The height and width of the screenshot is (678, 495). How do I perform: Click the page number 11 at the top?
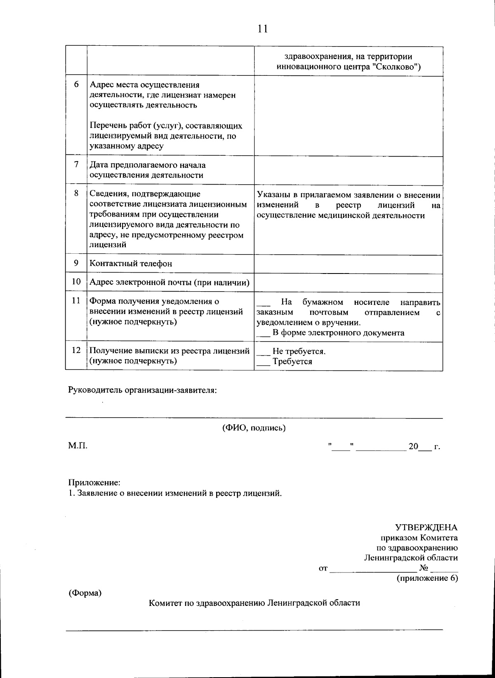click(x=262, y=28)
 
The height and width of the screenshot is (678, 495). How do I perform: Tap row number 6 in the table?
click(x=76, y=85)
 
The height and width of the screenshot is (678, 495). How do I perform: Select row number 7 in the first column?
click(x=76, y=164)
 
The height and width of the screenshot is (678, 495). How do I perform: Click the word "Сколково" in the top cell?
click(x=396, y=67)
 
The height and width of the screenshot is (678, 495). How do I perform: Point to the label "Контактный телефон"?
click(x=131, y=264)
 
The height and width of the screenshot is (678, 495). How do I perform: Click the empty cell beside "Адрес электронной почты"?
click(x=348, y=283)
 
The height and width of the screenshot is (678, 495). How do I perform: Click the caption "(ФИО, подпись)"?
click(x=254, y=428)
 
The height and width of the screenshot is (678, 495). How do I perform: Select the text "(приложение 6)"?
click(x=427, y=578)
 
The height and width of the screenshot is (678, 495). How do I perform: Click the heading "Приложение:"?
click(x=94, y=482)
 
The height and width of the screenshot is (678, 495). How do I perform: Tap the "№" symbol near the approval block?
click(x=424, y=568)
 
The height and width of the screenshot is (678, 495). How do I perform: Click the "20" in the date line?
click(x=413, y=447)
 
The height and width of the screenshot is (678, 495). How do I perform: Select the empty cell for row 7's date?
click(x=348, y=170)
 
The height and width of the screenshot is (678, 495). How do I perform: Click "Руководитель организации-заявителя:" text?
click(x=142, y=390)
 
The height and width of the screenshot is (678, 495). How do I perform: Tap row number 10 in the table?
click(x=76, y=282)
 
